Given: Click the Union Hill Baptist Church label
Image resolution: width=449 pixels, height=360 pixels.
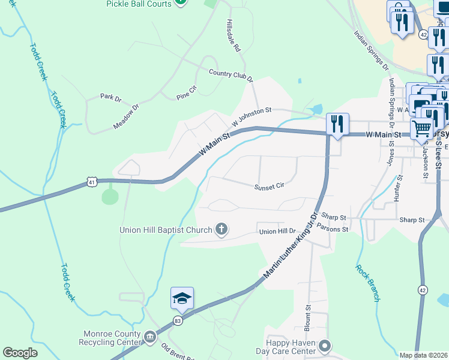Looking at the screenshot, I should (166, 229).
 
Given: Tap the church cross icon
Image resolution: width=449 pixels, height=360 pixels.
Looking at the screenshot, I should (222, 229).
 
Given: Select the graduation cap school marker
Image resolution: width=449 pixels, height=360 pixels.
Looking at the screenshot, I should (182, 298).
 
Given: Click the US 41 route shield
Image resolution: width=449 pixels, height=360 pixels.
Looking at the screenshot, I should (91, 181).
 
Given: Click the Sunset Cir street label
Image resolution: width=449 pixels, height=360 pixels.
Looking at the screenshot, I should (268, 187).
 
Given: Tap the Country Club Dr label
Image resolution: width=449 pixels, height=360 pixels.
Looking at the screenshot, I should (231, 76).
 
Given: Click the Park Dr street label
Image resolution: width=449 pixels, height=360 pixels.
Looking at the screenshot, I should (110, 97).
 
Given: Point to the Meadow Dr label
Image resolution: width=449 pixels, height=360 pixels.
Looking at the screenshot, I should (126, 116).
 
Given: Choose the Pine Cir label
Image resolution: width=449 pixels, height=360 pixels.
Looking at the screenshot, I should (187, 92).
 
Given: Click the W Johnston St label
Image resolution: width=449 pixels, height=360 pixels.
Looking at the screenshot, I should (252, 114).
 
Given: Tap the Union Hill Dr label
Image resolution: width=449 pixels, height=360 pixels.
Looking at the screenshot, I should (278, 231).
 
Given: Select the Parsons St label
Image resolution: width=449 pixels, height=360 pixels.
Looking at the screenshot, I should (334, 229).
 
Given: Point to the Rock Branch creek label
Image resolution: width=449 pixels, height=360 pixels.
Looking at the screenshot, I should (367, 283).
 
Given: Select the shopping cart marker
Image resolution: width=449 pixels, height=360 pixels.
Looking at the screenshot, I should (423, 128).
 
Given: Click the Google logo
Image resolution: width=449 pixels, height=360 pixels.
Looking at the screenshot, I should (20, 352).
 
